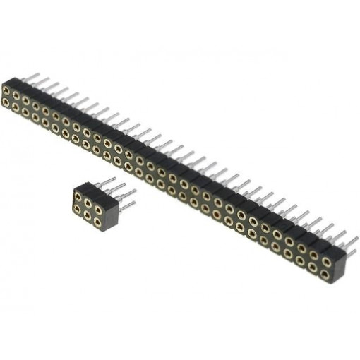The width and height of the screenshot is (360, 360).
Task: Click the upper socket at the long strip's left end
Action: (6, 91)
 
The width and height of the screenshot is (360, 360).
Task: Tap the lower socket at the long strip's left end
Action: (6, 102)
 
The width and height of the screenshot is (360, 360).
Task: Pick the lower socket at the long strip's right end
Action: (326, 272)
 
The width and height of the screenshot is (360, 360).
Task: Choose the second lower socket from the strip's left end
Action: (16, 107)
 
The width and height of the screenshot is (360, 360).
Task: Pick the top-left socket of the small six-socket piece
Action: (77, 193)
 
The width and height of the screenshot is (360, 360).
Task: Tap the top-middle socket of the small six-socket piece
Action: (88, 197)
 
